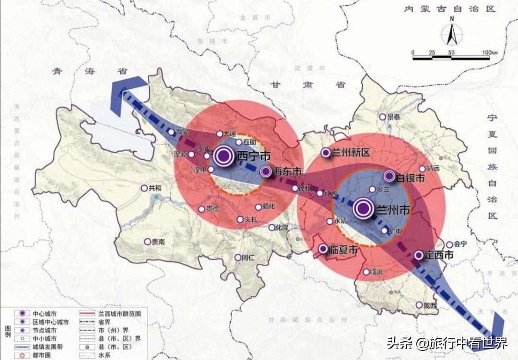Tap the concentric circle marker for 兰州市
click(x=363, y=208)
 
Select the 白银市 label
click(x=411, y=178)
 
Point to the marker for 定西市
click(x=419, y=255)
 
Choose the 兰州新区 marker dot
click(x=326, y=153)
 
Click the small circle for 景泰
click(x=382, y=117)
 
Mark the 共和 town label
click(x=155, y=189)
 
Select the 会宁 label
click(x=460, y=244)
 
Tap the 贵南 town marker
click(x=147, y=242)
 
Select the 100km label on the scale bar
click(x=489, y=52)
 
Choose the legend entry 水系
click(x=105, y=356)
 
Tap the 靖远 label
click(x=433, y=168)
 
